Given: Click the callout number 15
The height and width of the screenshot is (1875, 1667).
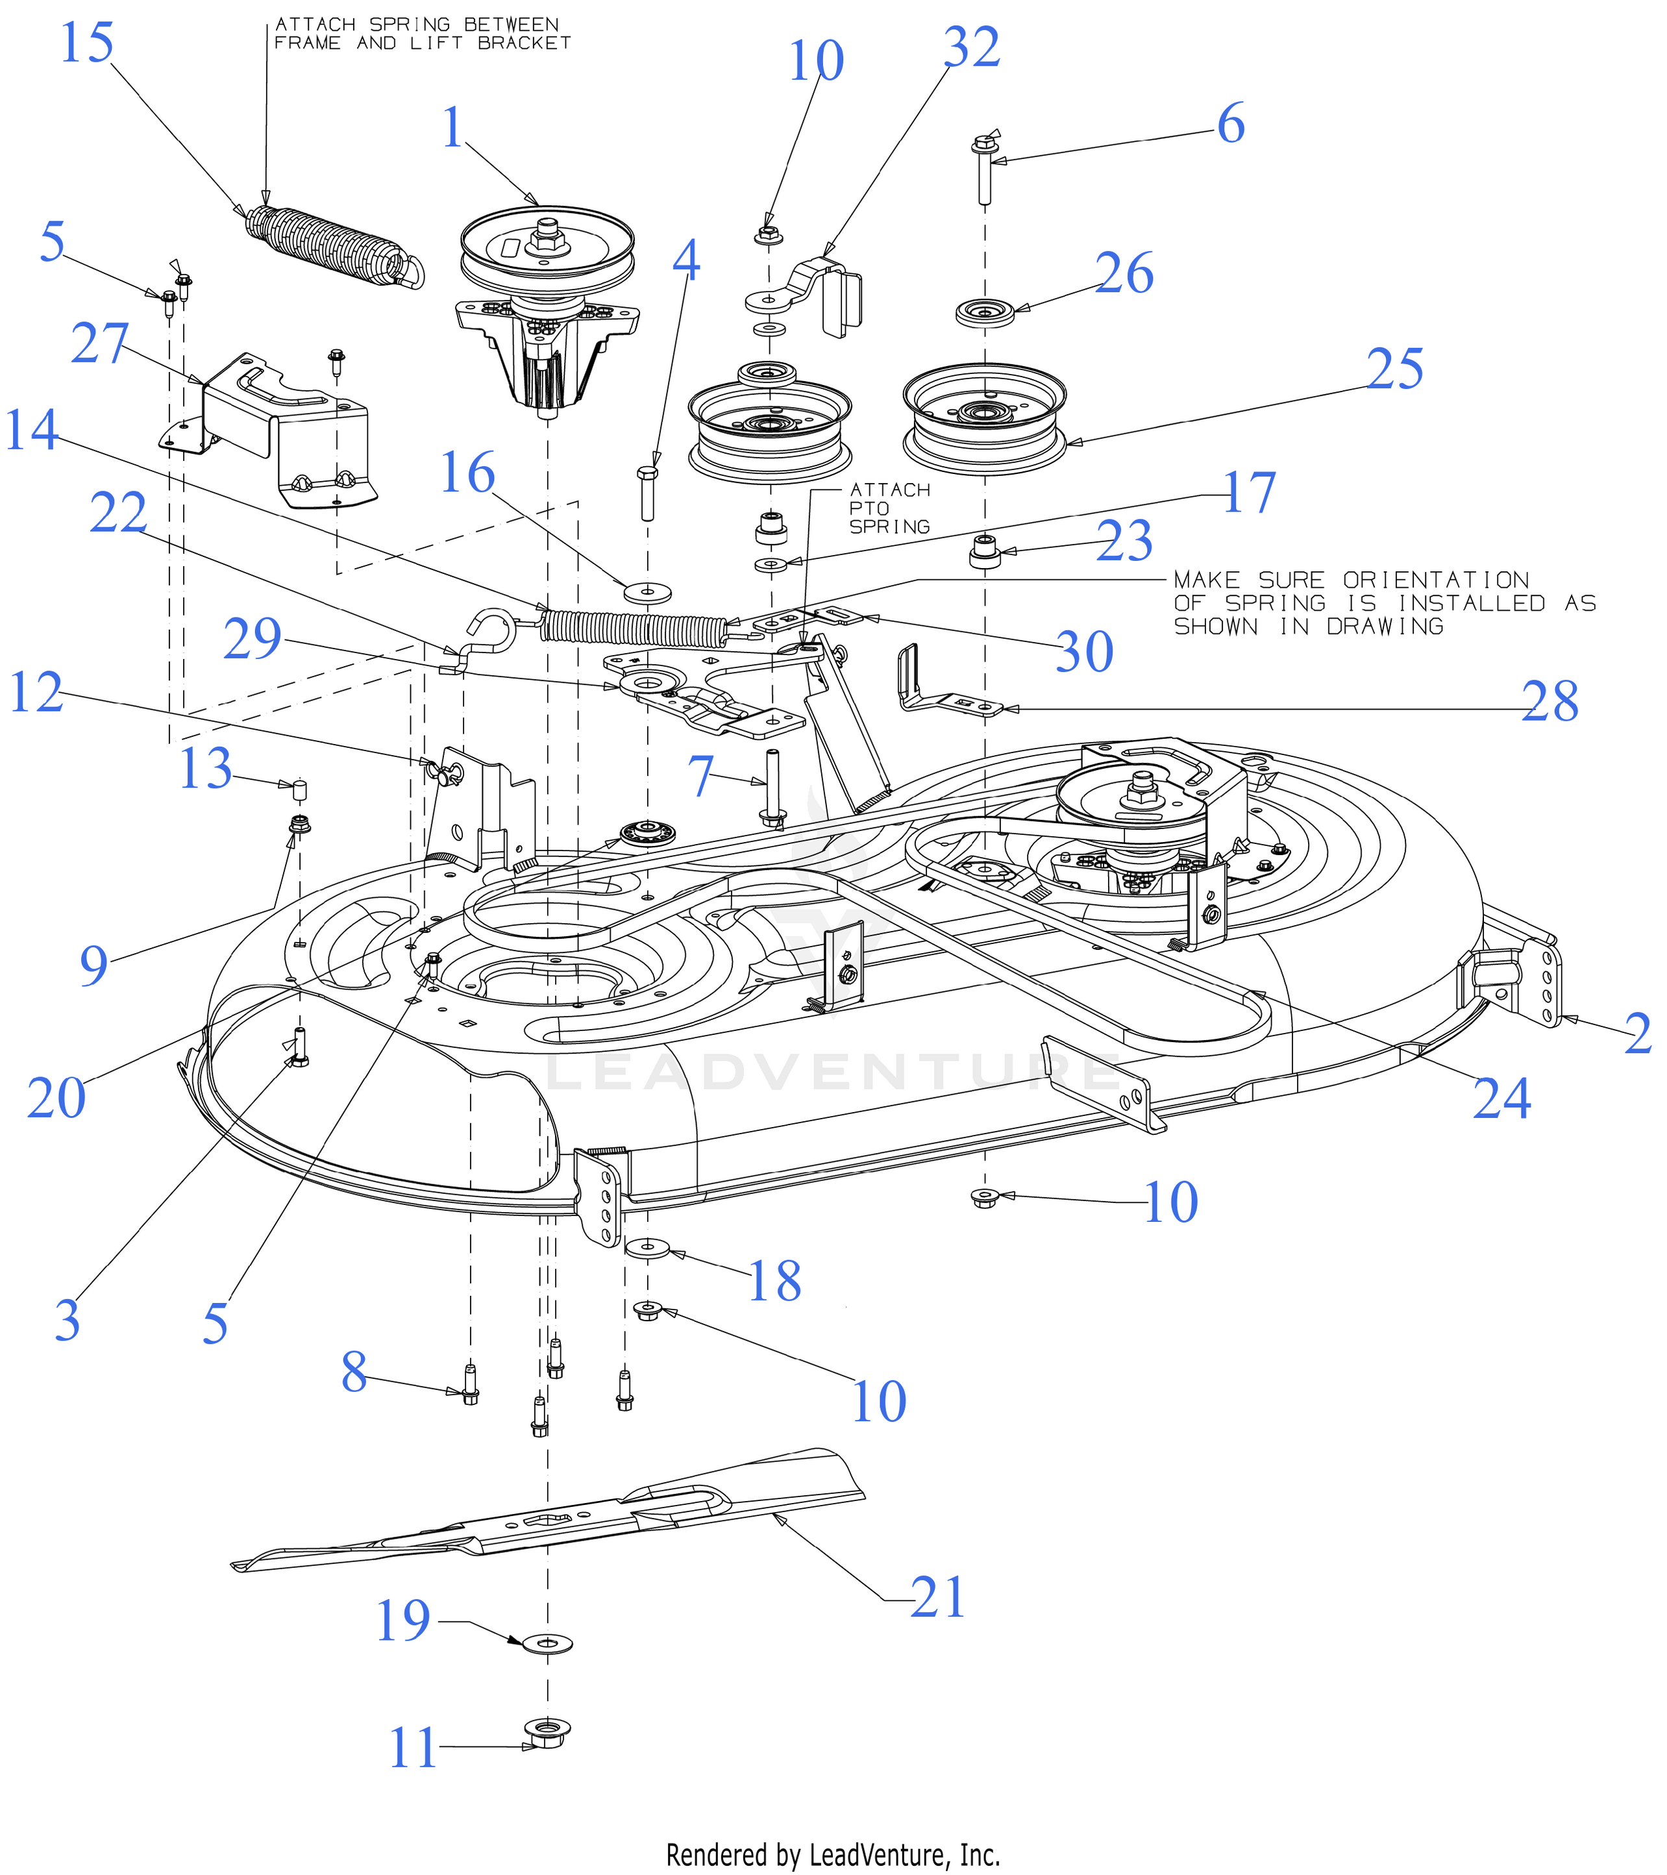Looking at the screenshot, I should point(86,43).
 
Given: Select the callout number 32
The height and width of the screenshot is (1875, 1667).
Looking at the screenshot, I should point(971,47).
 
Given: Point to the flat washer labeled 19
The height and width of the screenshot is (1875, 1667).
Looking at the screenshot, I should point(547,1643).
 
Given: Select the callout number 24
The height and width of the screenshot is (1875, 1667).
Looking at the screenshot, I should point(1501,1098).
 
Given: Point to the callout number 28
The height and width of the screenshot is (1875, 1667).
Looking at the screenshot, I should point(1550,702).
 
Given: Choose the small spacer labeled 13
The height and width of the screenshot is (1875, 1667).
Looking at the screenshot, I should point(299,790).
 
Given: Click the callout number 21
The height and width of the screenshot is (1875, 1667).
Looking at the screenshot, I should point(938,1598).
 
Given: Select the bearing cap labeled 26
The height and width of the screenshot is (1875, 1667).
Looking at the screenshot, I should point(985,312).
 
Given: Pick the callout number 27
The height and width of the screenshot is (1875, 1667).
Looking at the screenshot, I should point(100,345).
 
